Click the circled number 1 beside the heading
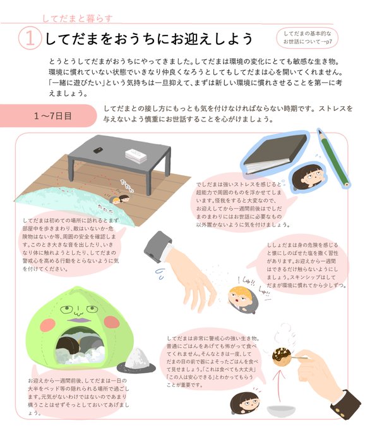tap(30, 39)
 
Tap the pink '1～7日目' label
tap(48, 116)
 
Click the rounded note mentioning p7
tap(308, 38)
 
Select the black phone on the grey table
tap(98, 150)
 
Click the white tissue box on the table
tap(136, 156)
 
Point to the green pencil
tap(333, 158)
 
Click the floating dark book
tap(275, 153)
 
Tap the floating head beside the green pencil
tap(307, 176)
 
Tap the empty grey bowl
tap(281, 410)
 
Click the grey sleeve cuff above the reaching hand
tap(158, 247)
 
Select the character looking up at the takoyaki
tap(244, 403)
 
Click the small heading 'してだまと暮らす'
tap(78, 18)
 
